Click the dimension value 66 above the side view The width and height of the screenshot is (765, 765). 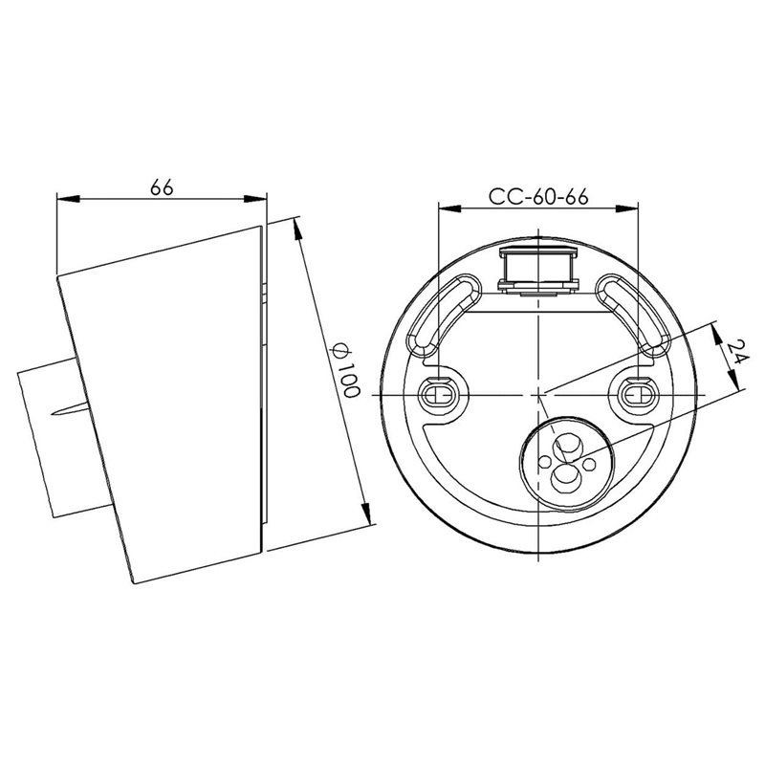click(162, 186)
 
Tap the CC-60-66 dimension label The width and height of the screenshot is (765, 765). click(538, 197)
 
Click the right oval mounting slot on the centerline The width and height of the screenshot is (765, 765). click(639, 394)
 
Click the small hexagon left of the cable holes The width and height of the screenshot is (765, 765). click(544, 461)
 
